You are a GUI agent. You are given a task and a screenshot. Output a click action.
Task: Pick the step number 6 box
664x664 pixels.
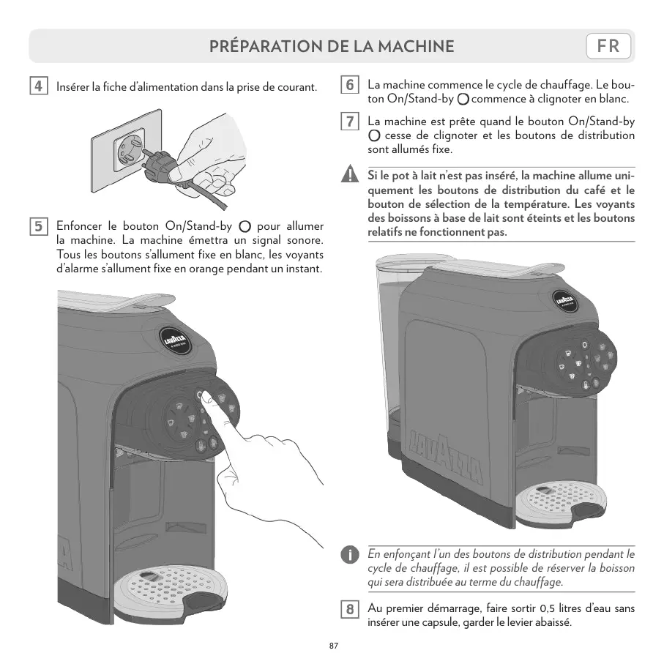351,85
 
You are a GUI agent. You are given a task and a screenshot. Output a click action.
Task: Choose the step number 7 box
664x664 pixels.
351,122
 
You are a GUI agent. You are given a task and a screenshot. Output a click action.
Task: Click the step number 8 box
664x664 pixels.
351,609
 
